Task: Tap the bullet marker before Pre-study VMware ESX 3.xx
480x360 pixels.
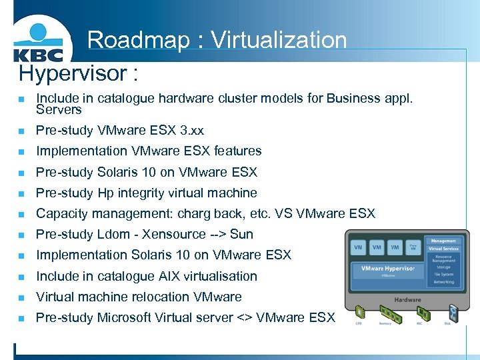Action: pos(21,131)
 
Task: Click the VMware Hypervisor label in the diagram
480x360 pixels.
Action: pos(388,269)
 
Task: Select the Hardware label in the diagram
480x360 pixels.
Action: pos(407,299)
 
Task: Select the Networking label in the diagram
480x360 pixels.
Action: pos(443,282)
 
